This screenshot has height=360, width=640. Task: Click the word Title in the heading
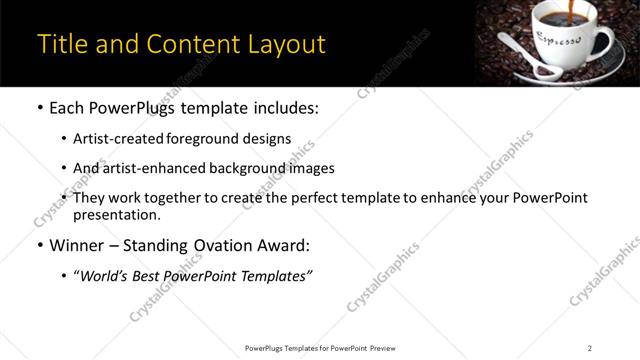click(x=61, y=44)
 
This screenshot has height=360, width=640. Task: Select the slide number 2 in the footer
click(x=590, y=348)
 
